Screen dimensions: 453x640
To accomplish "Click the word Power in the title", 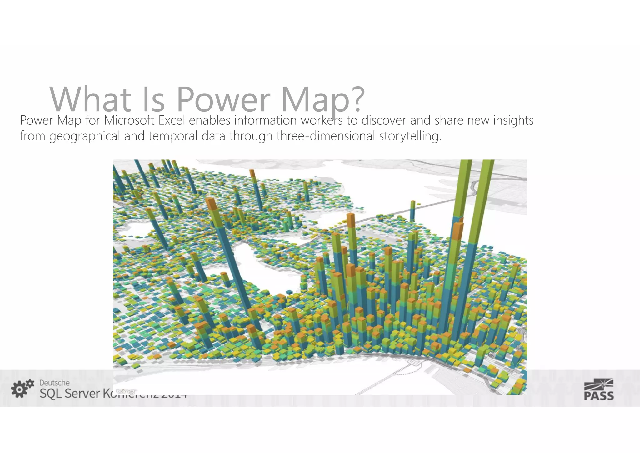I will point(223,99).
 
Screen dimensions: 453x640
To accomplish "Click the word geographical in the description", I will point(84,136).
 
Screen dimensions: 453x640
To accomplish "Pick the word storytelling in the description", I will point(410,136).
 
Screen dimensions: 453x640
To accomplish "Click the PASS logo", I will point(599,389).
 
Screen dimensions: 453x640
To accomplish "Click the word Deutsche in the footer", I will point(54,383).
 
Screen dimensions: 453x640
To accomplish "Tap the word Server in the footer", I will point(80,394).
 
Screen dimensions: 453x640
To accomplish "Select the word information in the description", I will point(266,120).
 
